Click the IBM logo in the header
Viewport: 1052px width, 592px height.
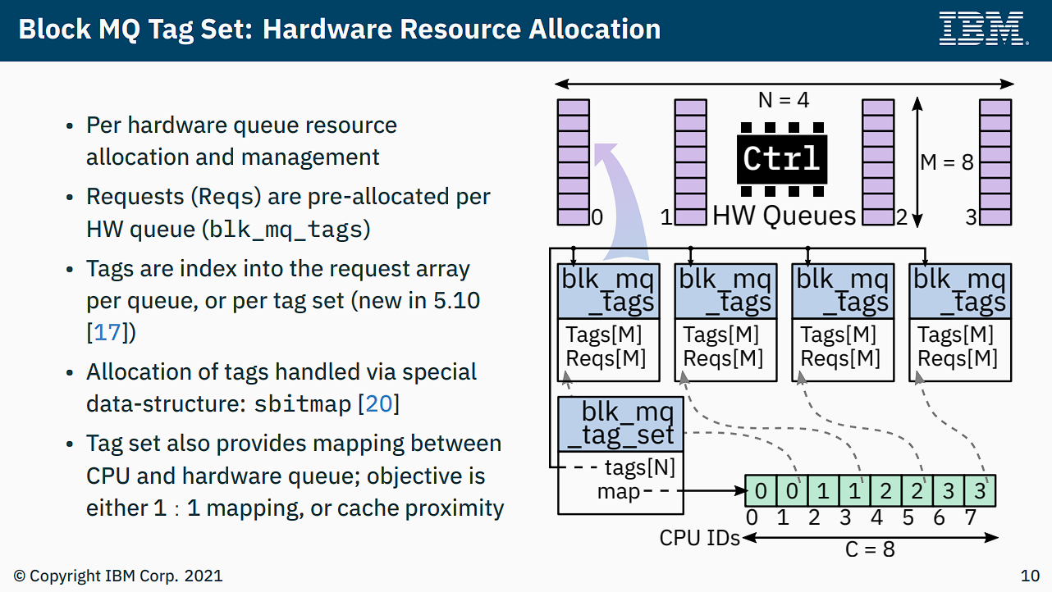click(981, 29)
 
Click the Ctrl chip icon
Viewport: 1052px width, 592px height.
click(781, 158)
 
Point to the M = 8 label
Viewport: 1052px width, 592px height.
click(947, 162)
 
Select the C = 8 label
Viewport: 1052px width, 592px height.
click(870, 549)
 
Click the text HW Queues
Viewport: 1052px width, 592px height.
click(784, 216)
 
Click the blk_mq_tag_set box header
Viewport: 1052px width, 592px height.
click(620, 424)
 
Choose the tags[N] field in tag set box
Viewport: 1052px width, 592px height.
click(640, 468)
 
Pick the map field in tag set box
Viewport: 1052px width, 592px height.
click(619, 492)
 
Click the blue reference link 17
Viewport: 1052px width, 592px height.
click(107, 333)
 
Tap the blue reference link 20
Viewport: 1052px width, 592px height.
click(380, 404)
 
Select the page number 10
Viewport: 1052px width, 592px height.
click(1029, 576)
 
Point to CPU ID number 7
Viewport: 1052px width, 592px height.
click(971, 518)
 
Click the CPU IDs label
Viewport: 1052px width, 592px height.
click(699, 539)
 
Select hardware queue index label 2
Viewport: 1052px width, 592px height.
click(901, 218)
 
